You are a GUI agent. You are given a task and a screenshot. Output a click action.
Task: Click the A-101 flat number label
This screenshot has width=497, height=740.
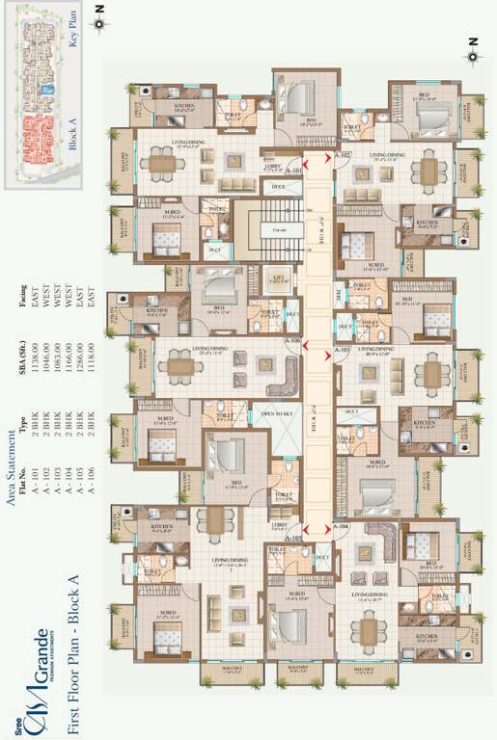pyautogui.click(x=294, y=171)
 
